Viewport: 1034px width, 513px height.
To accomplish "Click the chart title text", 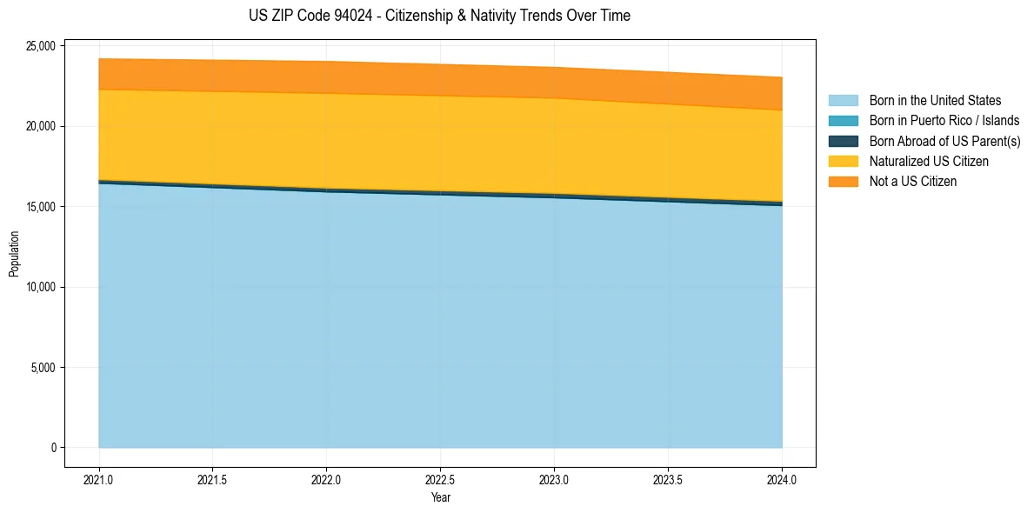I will [439, 16].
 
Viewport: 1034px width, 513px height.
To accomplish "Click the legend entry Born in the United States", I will [935, 101].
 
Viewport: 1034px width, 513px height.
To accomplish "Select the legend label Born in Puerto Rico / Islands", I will [944, 121].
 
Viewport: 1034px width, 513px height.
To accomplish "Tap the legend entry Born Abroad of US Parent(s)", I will [944, 141].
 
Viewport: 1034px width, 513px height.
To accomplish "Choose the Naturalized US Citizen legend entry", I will [929, 162].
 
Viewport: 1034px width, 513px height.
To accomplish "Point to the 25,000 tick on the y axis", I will [40, 45].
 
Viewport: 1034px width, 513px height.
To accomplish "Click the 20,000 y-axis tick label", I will [40, 126].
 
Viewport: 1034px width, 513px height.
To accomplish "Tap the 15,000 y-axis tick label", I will [40, 207].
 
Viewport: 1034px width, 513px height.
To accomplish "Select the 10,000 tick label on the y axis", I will [40, 287].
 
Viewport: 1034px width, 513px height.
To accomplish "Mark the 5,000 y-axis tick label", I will [43, 368].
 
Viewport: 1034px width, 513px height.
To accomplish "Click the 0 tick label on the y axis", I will [52, 448].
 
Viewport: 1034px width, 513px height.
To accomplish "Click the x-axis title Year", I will [440, 498].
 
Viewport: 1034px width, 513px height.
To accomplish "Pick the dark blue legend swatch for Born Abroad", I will [843, 141].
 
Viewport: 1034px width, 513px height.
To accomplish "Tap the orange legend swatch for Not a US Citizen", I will [843, 182].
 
